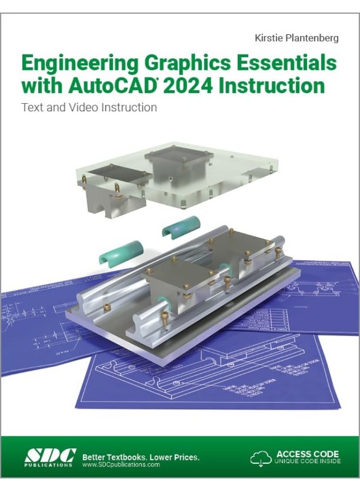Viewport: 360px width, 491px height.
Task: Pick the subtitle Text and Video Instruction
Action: click(x=89, y=107)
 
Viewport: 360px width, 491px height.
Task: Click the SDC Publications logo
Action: click(x=48, y=457)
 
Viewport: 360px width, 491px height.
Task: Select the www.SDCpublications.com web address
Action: click(x=121, y=465)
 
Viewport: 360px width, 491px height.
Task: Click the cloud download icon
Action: click(x=261, y=458)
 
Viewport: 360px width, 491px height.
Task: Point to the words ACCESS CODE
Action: click(x=308, y=454)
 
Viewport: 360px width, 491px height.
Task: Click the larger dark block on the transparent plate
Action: click(x=177, y=161)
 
